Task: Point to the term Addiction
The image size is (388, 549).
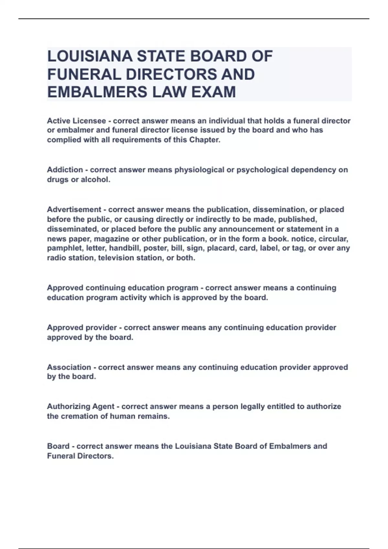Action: coord(65,170)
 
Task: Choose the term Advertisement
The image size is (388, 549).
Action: coord(74,210)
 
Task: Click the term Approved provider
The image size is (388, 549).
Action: coord(82,327)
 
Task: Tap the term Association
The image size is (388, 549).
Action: coord(69,367)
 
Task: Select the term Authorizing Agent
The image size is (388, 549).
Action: coord(81,406)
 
